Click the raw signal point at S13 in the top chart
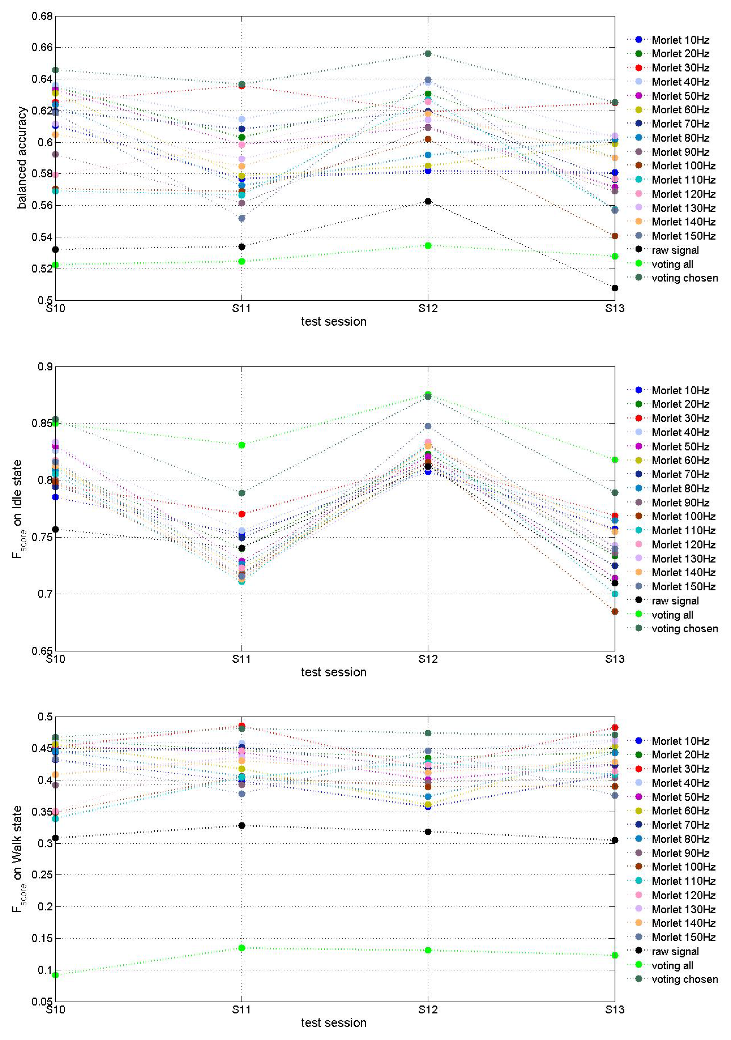click(x=615, y=288)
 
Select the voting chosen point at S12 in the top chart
click(x=428, y=53)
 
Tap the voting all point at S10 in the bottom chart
click(x=55, y=975)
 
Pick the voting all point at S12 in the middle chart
click(x=428, y=394)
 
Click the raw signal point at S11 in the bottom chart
click(x=242, y=825)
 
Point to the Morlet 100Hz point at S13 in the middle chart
click(x=615, y=611)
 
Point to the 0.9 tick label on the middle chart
click(x=45, y=366)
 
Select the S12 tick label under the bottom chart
click(x=428, y=1010)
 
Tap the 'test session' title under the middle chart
click(x=334, y=672)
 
